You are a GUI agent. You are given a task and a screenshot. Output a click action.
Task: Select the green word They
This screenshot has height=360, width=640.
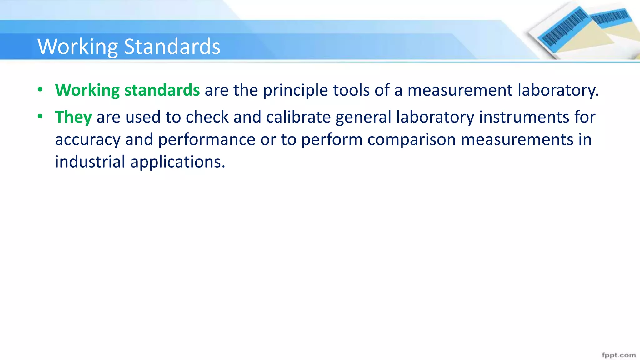73,117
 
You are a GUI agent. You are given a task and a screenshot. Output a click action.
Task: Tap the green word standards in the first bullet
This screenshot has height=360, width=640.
162,90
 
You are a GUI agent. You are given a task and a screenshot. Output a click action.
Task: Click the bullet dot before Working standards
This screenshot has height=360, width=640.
40,90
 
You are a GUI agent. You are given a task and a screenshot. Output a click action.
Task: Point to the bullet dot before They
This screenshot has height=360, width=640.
40,117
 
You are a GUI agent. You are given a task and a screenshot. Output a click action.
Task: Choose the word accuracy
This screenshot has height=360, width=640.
88,140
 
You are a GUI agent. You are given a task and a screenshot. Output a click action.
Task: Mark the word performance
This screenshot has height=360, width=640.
207,140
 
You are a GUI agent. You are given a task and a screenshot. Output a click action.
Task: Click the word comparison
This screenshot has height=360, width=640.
412,140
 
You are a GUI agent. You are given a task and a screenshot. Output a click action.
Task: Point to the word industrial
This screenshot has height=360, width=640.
90,162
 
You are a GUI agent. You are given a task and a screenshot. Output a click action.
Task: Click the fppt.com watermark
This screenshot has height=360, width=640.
619,355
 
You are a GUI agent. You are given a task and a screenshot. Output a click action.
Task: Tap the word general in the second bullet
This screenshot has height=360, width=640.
363,117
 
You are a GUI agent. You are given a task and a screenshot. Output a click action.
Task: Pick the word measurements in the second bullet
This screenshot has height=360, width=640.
517,140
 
